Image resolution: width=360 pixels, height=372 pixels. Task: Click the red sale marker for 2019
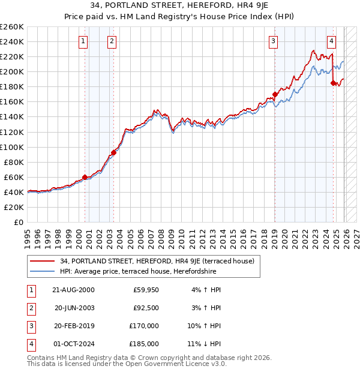tap(275, 94)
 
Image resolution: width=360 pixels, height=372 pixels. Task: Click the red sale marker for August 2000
tap(85, 177)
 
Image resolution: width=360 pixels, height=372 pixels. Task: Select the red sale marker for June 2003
tap(113, 152)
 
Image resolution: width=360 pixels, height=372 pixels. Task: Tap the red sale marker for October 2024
tap(333, 83)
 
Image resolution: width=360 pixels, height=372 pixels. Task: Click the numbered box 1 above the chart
tap(83, 41)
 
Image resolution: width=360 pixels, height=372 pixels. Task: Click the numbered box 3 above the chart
tap(273, 41)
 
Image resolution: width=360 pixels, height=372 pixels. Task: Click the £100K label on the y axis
tap(12, 147)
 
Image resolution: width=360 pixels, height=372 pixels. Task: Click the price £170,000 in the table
tap(143, 326)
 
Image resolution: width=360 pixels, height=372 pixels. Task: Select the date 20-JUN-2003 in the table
tap(74, 308)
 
